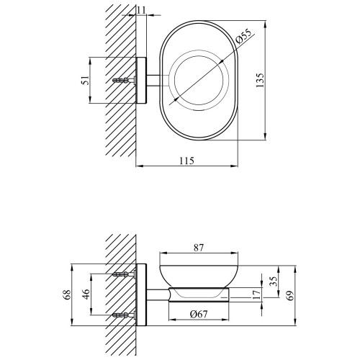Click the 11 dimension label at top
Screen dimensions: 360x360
[142, 10]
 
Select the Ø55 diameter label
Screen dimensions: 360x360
[243, 37]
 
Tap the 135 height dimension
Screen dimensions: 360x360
[260, 80]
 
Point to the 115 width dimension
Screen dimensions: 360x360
[186, 161]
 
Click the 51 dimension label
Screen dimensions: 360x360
[86, 80]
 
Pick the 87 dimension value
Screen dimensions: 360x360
[199, 248]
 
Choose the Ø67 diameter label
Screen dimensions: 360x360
[199, 314]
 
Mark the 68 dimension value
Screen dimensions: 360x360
[68, 294]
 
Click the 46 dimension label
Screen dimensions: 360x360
[86, 294]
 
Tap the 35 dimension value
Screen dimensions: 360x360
[273, 282]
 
